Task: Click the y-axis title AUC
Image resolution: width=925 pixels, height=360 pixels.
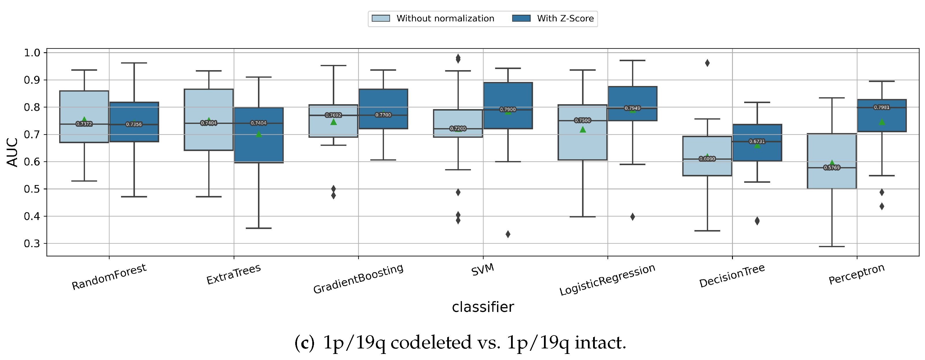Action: (x=13, y=152)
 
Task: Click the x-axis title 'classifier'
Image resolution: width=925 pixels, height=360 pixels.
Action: (x=483, y=307)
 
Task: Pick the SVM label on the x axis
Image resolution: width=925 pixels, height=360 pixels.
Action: (x=483, y=270)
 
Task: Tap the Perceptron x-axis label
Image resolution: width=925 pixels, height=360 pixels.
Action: (x=857, y=275)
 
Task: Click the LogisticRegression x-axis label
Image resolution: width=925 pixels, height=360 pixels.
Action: (x=607, y=280)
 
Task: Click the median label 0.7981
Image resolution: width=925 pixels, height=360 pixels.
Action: (x=882, y=107)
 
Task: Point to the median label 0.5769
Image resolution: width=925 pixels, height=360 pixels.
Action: (x=832, y=168)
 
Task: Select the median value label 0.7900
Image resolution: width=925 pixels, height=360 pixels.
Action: (x=508, y=109)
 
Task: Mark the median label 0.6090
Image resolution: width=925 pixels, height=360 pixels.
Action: (x=707, y=159)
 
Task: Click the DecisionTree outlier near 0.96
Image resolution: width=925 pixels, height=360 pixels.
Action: (x=707, y=63)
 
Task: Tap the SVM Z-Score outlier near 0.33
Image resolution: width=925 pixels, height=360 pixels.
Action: (x=508, y=234)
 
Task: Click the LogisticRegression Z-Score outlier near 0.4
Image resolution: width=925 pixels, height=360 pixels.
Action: (x=632, y=217)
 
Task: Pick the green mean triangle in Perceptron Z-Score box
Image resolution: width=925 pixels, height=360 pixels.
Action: (x=882, y=122)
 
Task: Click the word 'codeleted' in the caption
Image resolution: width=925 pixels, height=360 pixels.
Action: (x=431, y=343)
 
